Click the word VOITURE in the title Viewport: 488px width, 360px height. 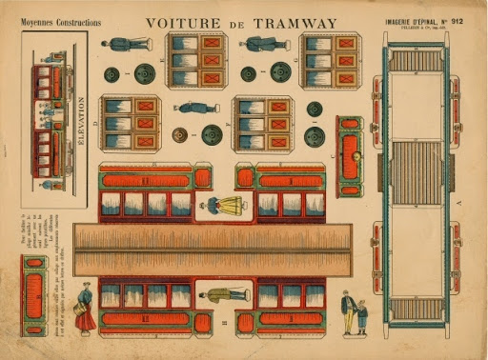(177, 24)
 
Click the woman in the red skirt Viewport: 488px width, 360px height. (86, 307)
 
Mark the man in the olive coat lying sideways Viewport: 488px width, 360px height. (227, 294)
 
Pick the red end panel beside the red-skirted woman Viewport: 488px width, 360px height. (35, 295)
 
